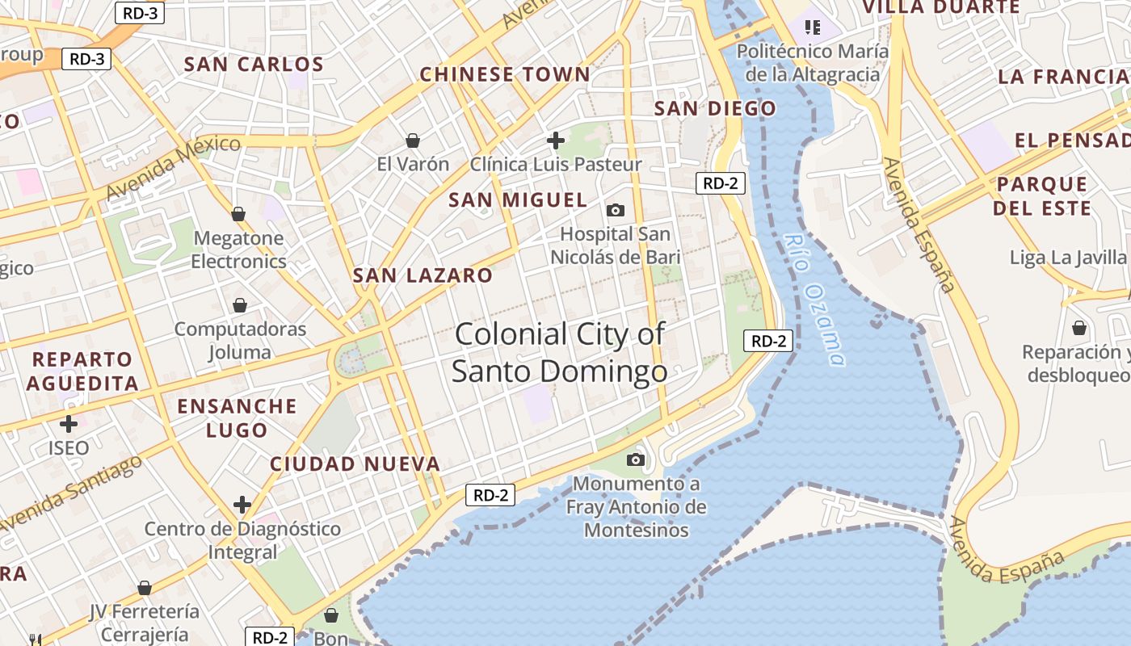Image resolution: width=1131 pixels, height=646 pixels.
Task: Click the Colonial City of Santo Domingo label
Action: coord(559,353)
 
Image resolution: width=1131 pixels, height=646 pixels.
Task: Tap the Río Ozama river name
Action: coord(816,300)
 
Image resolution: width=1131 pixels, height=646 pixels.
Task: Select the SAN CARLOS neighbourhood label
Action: coord(254,65)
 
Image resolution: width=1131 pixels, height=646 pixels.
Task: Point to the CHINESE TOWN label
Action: coord(505,75)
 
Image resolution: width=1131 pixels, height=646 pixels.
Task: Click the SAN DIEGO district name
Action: coord(715,108)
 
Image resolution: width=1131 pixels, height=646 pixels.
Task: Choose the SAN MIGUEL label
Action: coord(518,200)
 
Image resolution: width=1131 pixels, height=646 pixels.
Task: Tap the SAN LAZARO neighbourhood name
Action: coord(423,275)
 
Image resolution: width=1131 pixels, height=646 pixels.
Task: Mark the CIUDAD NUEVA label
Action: coord(355,464)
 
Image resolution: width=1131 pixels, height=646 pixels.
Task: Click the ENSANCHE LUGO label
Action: coord(237,417)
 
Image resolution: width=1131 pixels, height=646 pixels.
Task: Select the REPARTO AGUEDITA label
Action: coord(82,371)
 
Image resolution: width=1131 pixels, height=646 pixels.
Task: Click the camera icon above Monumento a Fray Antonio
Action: coord(636,459)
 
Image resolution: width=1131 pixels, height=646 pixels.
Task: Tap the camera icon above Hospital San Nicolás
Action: coord(616,211)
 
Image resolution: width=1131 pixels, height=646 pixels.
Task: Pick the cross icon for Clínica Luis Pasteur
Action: coord(556,141)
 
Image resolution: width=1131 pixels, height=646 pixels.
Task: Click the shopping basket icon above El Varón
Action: coord(413,141)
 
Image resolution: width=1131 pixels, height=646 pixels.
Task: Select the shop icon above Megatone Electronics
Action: coord(238,214)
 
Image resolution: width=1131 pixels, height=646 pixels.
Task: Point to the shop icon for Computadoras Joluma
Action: coord(240,305)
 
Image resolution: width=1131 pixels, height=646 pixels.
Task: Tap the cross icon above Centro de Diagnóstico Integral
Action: coord(242,505)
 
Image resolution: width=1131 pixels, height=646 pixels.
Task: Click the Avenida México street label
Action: coord(173,167)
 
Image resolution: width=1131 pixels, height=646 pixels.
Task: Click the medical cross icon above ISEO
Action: coord(69,423)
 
